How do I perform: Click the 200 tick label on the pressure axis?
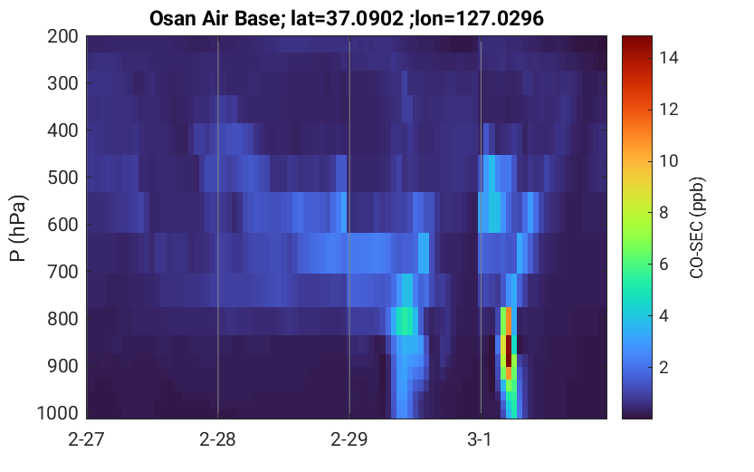point(62,36)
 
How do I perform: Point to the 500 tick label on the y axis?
point(62,178)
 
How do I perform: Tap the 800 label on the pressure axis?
point(62,319)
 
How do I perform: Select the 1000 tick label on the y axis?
point(58,413)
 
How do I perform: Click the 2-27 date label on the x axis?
point(86,439)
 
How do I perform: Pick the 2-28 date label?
point(217,439)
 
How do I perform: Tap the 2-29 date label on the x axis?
point(348,439)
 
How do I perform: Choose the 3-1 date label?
point(480,439)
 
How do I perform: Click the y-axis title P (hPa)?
point(18,228)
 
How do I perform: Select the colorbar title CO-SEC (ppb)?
point(696,228)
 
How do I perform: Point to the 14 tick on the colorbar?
point(668,58)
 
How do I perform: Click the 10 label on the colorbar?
point(668,160)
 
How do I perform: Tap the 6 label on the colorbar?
point(663,265)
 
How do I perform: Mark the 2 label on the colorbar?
point(663,368)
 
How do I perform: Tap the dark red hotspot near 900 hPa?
point(509,352)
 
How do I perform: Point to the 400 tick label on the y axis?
point(62,130)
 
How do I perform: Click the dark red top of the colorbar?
point(636,43)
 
